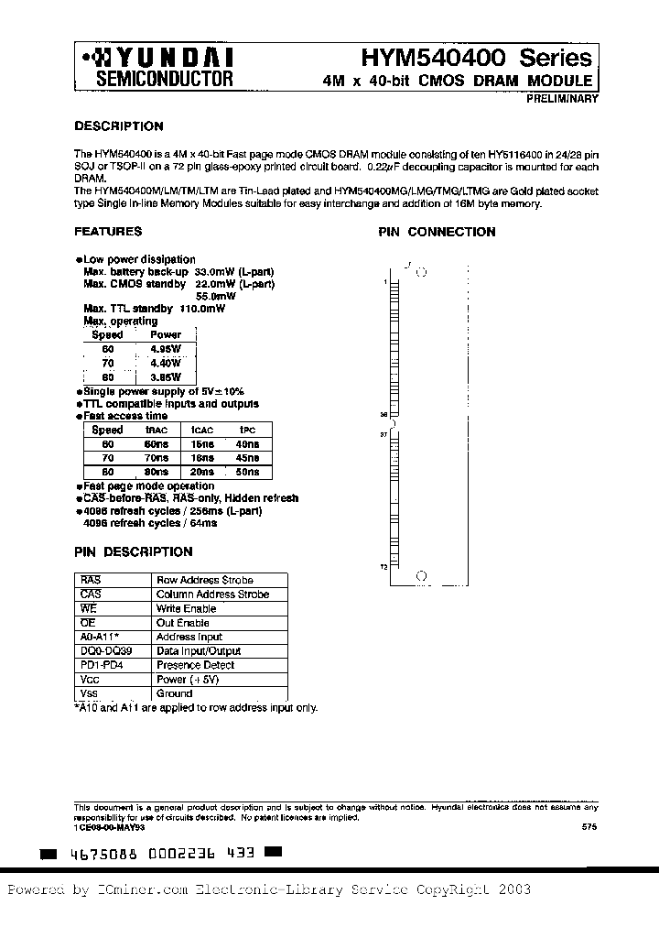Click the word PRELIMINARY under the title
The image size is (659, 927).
coord(562,99)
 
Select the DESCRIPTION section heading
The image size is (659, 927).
coord(118,126)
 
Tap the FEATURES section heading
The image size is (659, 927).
coord(108,232)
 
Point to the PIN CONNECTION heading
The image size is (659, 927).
coord(437,233)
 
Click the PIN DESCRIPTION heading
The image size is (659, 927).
coord(133,552)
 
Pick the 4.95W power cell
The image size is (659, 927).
coord(165,349)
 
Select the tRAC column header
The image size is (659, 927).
coord(157,430)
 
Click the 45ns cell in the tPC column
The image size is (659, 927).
coord(246,458)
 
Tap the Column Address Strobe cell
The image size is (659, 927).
coord(213,594)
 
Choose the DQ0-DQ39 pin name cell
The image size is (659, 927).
coord(106,650)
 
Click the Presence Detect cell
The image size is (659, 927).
coord(195,665)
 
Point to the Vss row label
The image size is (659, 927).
coord(90,693)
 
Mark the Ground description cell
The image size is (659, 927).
coord(175,693)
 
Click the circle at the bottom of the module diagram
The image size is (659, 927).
coord(421,576)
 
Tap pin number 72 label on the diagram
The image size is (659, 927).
coord(384,568)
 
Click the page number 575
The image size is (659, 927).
coord(589,827)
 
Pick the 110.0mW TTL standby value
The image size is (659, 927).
coord(202,309)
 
